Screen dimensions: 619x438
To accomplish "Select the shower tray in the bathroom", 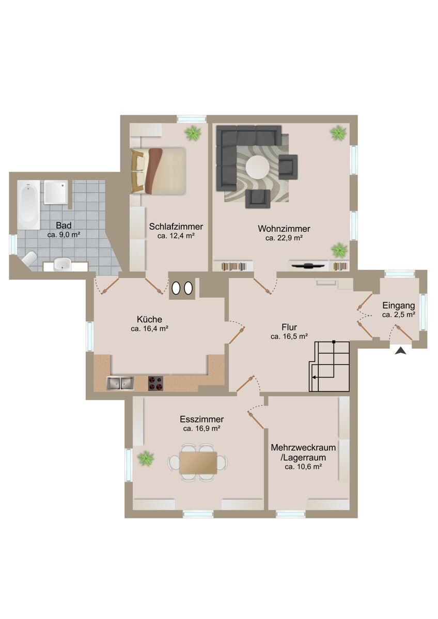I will click(55, 192).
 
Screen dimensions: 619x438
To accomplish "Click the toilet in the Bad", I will click(29, 259).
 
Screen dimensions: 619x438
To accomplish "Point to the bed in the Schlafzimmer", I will click(158, 171).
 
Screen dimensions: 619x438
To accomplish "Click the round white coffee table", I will click(257, 167).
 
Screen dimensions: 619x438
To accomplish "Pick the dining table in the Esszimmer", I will click(198, 462).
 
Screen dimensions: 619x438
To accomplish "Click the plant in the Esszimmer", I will click(146, 457).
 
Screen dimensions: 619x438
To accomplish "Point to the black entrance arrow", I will click(401, 351).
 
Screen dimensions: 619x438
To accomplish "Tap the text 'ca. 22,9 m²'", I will click(284, 238).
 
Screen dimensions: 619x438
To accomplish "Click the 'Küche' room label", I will click(150, 319).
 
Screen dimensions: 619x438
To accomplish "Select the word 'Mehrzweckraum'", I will click(303, 447).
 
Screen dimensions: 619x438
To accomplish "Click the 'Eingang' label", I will click(398, 305).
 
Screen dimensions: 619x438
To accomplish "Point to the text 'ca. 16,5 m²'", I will click(289, 336).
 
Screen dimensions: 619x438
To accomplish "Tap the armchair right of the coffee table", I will click(288, 166).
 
